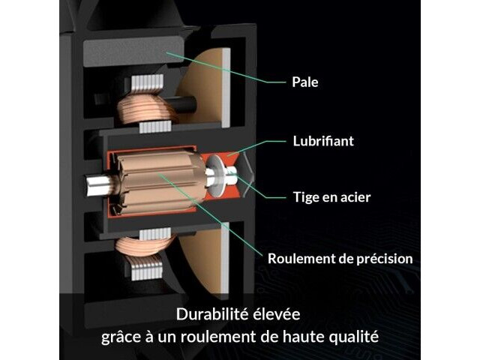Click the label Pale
tap(305, 82)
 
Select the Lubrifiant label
tap(323, 141)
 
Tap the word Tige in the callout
tap(306, 197)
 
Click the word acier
tap(355, 197)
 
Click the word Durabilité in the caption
tap(212, 314)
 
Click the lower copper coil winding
tap(144, 247)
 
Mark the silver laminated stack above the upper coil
tap(147, 83)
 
